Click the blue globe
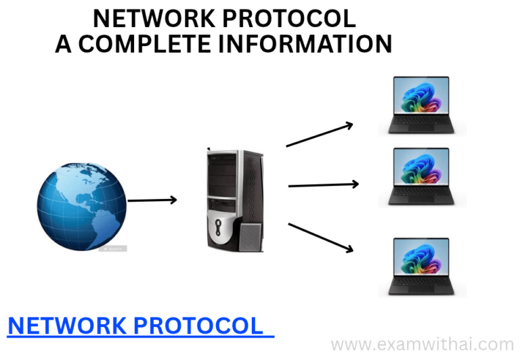[81, 206]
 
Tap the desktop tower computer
[235, 200]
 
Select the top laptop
[421, 105]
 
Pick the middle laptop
[421, 177]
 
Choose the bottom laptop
[421, 266]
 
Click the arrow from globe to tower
[152, 200]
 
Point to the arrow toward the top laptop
[320, 134]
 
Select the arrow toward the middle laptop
[324, 185]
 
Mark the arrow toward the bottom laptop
[321, 238]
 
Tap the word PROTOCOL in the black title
[290, 18]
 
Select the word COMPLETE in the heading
[145, 44]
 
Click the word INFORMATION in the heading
[305, 44]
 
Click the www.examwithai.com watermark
[422, 344]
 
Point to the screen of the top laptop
[421, 95]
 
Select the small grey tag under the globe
[113, 248]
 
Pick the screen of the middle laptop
[421, 166]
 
